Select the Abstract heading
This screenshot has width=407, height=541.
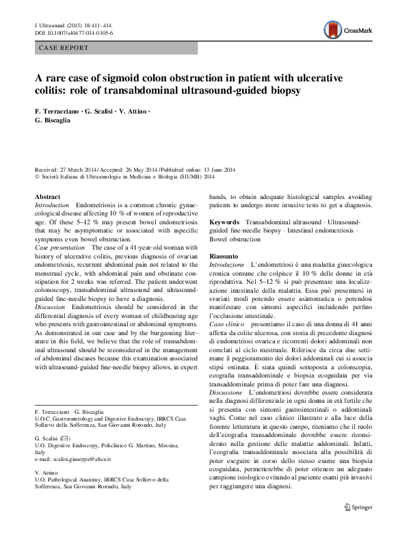coord(47,198)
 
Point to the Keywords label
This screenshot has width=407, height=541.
coord(224,223)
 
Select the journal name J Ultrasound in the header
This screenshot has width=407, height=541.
coord(51,24)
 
